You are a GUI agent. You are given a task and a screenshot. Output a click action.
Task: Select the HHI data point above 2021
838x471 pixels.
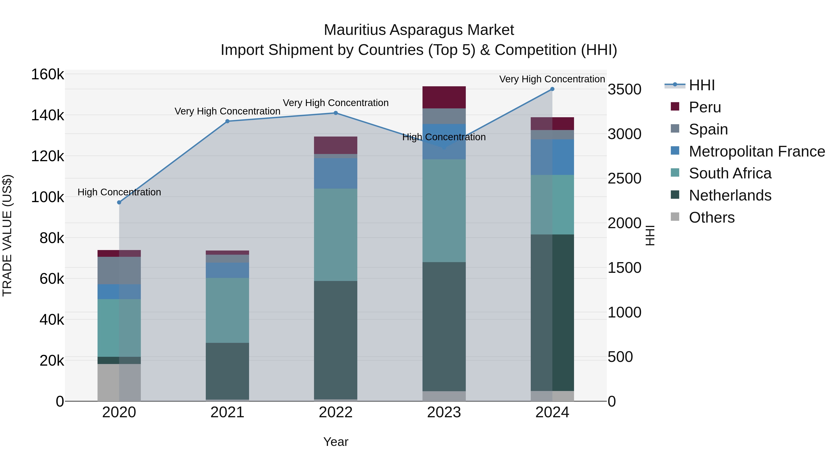point(227,121)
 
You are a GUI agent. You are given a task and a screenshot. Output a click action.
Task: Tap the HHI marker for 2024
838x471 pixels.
point(552,89)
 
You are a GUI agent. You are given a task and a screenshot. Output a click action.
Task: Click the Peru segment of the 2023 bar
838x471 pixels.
point(444,97)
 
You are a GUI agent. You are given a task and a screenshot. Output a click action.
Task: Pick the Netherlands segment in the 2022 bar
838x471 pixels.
point(335,340)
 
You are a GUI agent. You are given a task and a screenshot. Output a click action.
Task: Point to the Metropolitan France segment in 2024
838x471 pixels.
point(552,157)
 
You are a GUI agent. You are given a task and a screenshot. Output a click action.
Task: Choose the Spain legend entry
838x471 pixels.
point(708,129)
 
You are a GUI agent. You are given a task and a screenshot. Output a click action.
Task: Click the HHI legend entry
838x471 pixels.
point(701,85)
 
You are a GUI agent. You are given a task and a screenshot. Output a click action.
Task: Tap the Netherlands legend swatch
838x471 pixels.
point(675,195)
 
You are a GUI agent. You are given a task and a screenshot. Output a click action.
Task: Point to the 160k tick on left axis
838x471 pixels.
point(47,74)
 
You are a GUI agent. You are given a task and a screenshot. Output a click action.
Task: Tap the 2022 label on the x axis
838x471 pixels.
point(335,412)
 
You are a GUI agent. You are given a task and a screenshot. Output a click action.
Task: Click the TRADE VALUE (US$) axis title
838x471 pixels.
point(7,235)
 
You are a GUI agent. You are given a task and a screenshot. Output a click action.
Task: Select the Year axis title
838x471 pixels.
point(335,442)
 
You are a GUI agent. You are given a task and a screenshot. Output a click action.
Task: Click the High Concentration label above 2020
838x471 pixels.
point(119,192)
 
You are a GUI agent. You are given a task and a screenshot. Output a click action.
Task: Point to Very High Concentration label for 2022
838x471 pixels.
point(335,103)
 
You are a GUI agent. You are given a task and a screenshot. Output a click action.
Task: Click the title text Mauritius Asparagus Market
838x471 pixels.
point(419,30)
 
